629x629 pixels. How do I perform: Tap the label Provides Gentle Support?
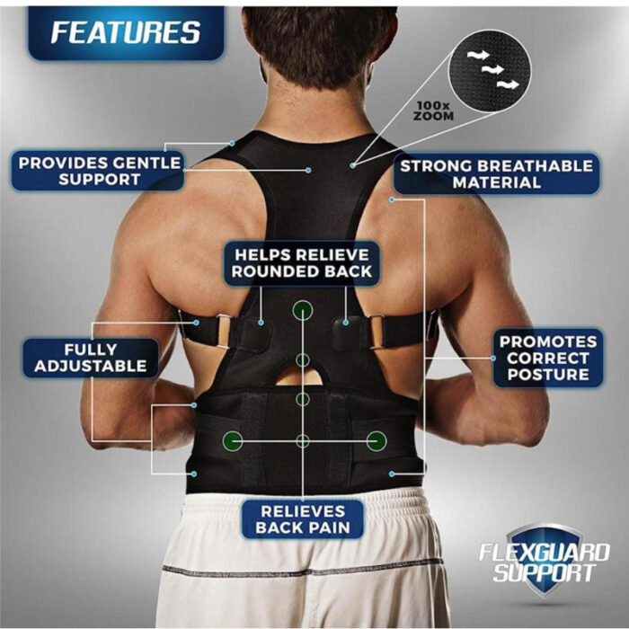point(99,171)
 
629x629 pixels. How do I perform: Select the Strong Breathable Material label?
point(496,173)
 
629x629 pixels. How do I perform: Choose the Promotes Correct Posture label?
point(548,358)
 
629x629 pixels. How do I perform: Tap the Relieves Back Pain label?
point(302,519)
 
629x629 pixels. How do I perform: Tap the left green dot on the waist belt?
point(233,440)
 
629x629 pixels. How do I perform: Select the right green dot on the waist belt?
point(377,440)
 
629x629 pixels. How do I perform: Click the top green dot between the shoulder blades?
point(303,310)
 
